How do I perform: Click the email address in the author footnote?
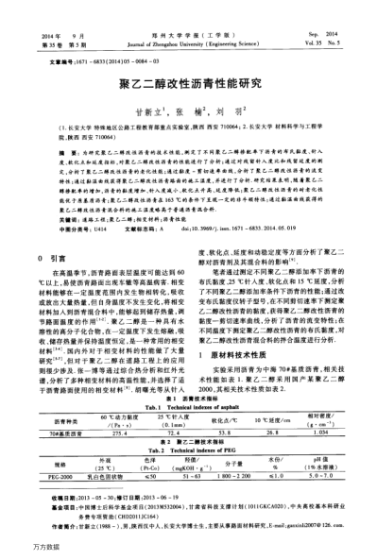point(311,537)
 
